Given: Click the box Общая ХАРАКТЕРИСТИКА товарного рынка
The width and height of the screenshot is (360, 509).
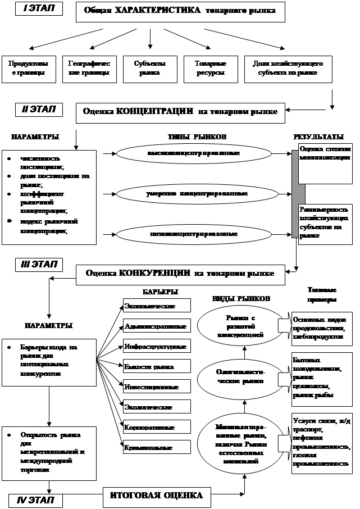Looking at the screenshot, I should click(x=180, y=11).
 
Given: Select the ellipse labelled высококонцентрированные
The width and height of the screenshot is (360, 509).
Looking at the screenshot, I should click(x=194, y=153).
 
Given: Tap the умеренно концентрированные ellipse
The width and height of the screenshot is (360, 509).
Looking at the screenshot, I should click(x=194, y=194).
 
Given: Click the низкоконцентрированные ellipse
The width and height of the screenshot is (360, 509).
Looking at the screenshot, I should click(x=194, y=234).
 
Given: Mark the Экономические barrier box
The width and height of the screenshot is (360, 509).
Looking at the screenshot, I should click(x=157, y=306).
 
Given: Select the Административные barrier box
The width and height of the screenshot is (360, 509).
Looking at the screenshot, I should click(x=157, y=326).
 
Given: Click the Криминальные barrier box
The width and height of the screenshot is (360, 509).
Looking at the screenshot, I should click(x=157, y=448).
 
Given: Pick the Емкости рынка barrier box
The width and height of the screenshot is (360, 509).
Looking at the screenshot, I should click(x=157, y=367).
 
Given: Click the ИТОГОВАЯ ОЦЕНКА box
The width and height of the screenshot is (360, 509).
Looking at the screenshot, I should click(x=156, y=496).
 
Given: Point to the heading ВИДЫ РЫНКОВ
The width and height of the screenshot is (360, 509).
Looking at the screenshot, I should click(x=241, y=298).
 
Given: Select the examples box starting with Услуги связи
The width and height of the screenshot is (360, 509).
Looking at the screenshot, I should click(x=321, y=444).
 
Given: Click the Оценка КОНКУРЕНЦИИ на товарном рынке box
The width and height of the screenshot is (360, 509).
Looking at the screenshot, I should click(x=180, y=274).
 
